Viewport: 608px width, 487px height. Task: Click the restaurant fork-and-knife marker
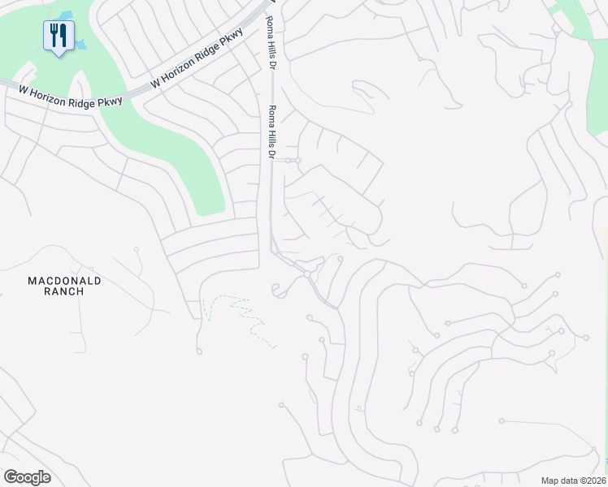click(59, 36)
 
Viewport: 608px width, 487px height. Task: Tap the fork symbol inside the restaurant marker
click(54, 33)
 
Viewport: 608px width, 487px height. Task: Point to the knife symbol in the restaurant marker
click(63, 34)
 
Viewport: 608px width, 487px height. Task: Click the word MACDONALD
click(64, 281)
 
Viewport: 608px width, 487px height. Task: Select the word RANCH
click(64, 291)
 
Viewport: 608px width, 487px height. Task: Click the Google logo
click(27, 477)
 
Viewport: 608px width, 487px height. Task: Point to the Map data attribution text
click(572, 481)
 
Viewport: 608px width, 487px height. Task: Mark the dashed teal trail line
click(244, 312)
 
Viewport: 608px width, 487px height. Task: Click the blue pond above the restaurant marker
click(65, 15)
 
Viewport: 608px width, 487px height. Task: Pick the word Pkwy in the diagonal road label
click(234, 39)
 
